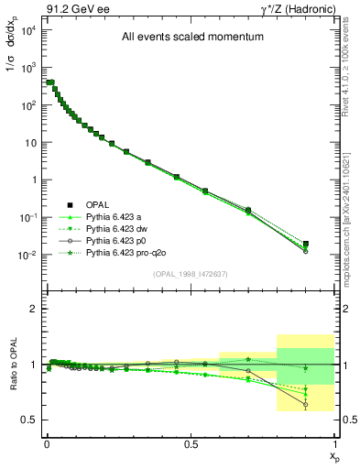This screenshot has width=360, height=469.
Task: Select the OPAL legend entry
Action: [x=97, y=204]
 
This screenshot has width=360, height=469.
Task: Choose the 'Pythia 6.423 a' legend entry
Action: [x=115, y=216]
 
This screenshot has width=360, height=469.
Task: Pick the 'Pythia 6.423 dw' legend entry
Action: [x=117, y=228]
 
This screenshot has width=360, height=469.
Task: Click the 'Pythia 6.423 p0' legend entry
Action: [x=117, y=240]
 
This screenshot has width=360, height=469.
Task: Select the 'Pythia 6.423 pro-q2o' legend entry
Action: [x=126, y=252]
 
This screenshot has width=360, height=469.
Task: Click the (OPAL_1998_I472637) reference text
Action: [x=191, y=273]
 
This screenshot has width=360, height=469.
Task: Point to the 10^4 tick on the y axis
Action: [x=26, y=30]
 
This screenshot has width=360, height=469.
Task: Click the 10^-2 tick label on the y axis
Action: [x=26, y=255]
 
